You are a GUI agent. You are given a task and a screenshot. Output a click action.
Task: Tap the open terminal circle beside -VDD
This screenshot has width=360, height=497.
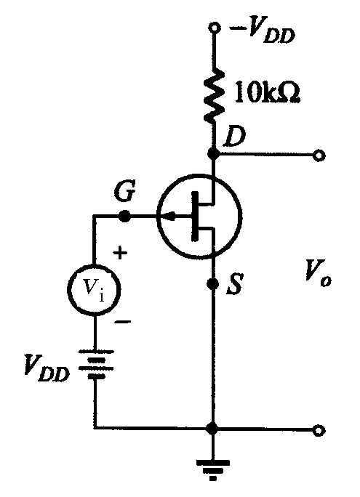tap(214, 28)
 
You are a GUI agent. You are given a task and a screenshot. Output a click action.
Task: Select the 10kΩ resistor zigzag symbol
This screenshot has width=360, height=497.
tap(215, 94)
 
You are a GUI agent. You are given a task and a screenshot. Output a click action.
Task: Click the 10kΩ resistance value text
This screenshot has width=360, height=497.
tap(267, 93)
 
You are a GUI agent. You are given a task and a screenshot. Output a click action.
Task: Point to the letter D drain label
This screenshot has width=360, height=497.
tap(234, 137)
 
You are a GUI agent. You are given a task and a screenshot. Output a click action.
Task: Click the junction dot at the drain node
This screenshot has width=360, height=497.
tap(214, 154)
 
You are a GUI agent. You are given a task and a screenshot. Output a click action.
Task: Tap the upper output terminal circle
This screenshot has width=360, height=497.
tap(319, 155)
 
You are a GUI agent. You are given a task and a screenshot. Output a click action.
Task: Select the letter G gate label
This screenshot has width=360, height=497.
tap(125, 190)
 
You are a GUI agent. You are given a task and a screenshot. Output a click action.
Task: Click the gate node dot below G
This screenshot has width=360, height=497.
tap(124, 217)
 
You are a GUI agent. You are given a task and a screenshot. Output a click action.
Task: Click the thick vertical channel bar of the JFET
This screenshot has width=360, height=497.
tap(195, 217)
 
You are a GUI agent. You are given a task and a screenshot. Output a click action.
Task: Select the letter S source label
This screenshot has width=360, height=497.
tap(234, 283)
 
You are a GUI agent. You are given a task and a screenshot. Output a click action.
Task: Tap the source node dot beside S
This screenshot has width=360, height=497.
tap(212, 283)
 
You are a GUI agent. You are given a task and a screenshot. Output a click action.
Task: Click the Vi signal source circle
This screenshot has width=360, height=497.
tap(94, 290)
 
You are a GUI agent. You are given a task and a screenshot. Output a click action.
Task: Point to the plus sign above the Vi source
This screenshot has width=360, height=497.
tap(120, 254)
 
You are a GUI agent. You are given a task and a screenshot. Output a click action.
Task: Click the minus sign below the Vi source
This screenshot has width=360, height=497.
tap(122, 322)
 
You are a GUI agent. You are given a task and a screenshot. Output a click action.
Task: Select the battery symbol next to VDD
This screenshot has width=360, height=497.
tap(95, 365)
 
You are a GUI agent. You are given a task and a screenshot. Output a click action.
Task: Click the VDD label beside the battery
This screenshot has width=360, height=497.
tap(47, 368)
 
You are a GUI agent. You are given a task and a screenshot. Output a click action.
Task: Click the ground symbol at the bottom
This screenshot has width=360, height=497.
tap(213, 470)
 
